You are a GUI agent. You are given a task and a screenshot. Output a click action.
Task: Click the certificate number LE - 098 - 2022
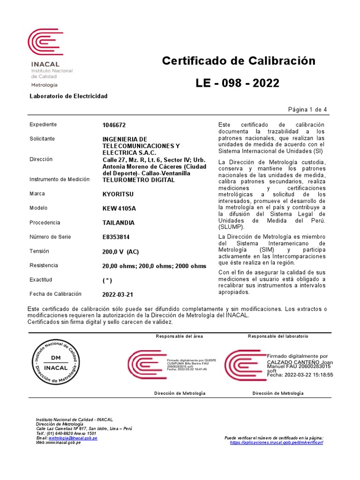click(x=237, y=83)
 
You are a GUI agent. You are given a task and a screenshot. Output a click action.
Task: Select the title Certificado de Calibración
click(x=239, y=61)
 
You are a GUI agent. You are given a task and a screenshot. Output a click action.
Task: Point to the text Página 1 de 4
click(x=307, y=110)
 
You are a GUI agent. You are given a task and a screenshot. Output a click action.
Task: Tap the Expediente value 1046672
click(x=114, y=125)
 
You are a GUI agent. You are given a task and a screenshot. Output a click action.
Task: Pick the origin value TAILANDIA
click(x=118, y=223)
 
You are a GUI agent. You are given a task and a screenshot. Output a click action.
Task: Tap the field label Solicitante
click(x=42, y=139)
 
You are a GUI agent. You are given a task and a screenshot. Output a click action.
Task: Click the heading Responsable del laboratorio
click(x=278, y=337)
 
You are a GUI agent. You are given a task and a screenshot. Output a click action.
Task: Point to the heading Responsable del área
click(x=179, y=337)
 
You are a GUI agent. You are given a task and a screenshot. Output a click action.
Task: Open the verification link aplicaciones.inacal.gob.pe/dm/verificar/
click(x=277, y=442)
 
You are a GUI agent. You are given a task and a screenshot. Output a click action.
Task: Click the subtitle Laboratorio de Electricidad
click(x=68, y=96)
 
